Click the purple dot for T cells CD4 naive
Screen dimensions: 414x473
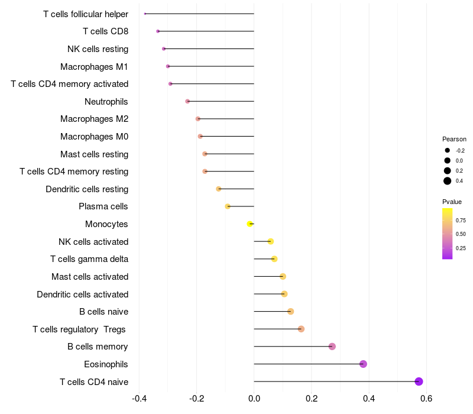coord(419,381)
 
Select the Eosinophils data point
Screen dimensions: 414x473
coord(363,364)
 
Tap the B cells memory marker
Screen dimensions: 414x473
coord(332,347)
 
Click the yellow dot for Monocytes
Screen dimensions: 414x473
coord(250,224)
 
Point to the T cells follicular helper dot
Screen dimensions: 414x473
coord(145,14)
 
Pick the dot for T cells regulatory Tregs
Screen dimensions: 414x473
coord(301,329)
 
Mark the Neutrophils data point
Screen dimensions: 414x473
coord(187,101)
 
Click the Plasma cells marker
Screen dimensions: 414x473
coord(228,206)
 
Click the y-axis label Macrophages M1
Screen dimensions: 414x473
coord(94,66)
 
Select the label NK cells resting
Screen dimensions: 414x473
coord(98,48)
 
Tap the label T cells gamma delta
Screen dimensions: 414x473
coord(89,259)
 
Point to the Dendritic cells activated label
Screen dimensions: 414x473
coord(82,294)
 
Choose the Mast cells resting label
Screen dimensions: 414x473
coord(94,154)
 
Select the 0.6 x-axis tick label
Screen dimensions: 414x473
coord(426,399)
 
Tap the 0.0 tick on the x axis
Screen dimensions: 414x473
coord(254,399)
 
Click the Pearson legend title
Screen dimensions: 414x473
coord(454,139)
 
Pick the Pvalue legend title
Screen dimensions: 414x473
coord(452,202)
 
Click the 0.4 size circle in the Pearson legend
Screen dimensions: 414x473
coord(448,181)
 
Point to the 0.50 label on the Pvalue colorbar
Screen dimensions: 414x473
coord(461,234)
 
